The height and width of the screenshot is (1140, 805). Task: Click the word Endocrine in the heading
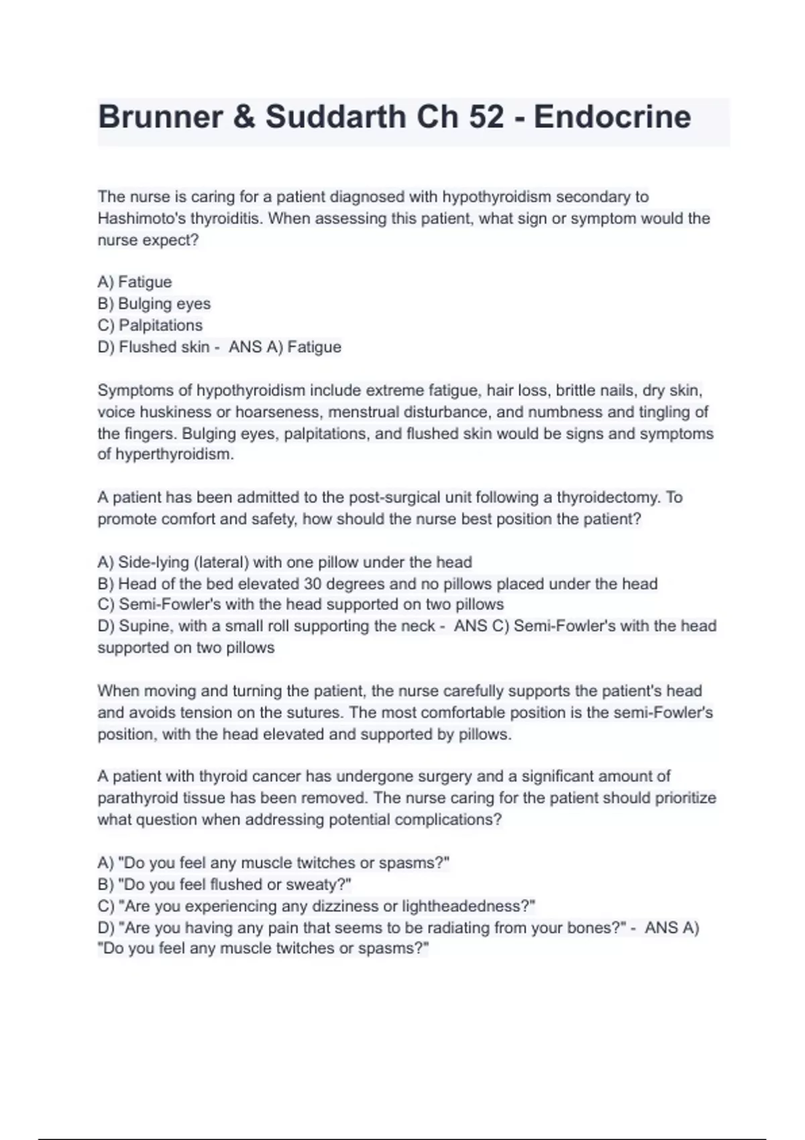pyautogui.click(x=612, y=117)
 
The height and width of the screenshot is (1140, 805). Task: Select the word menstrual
pyautogui.click(x=364, y=412)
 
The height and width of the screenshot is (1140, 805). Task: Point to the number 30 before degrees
pyautogui.click(x=313, y=583)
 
